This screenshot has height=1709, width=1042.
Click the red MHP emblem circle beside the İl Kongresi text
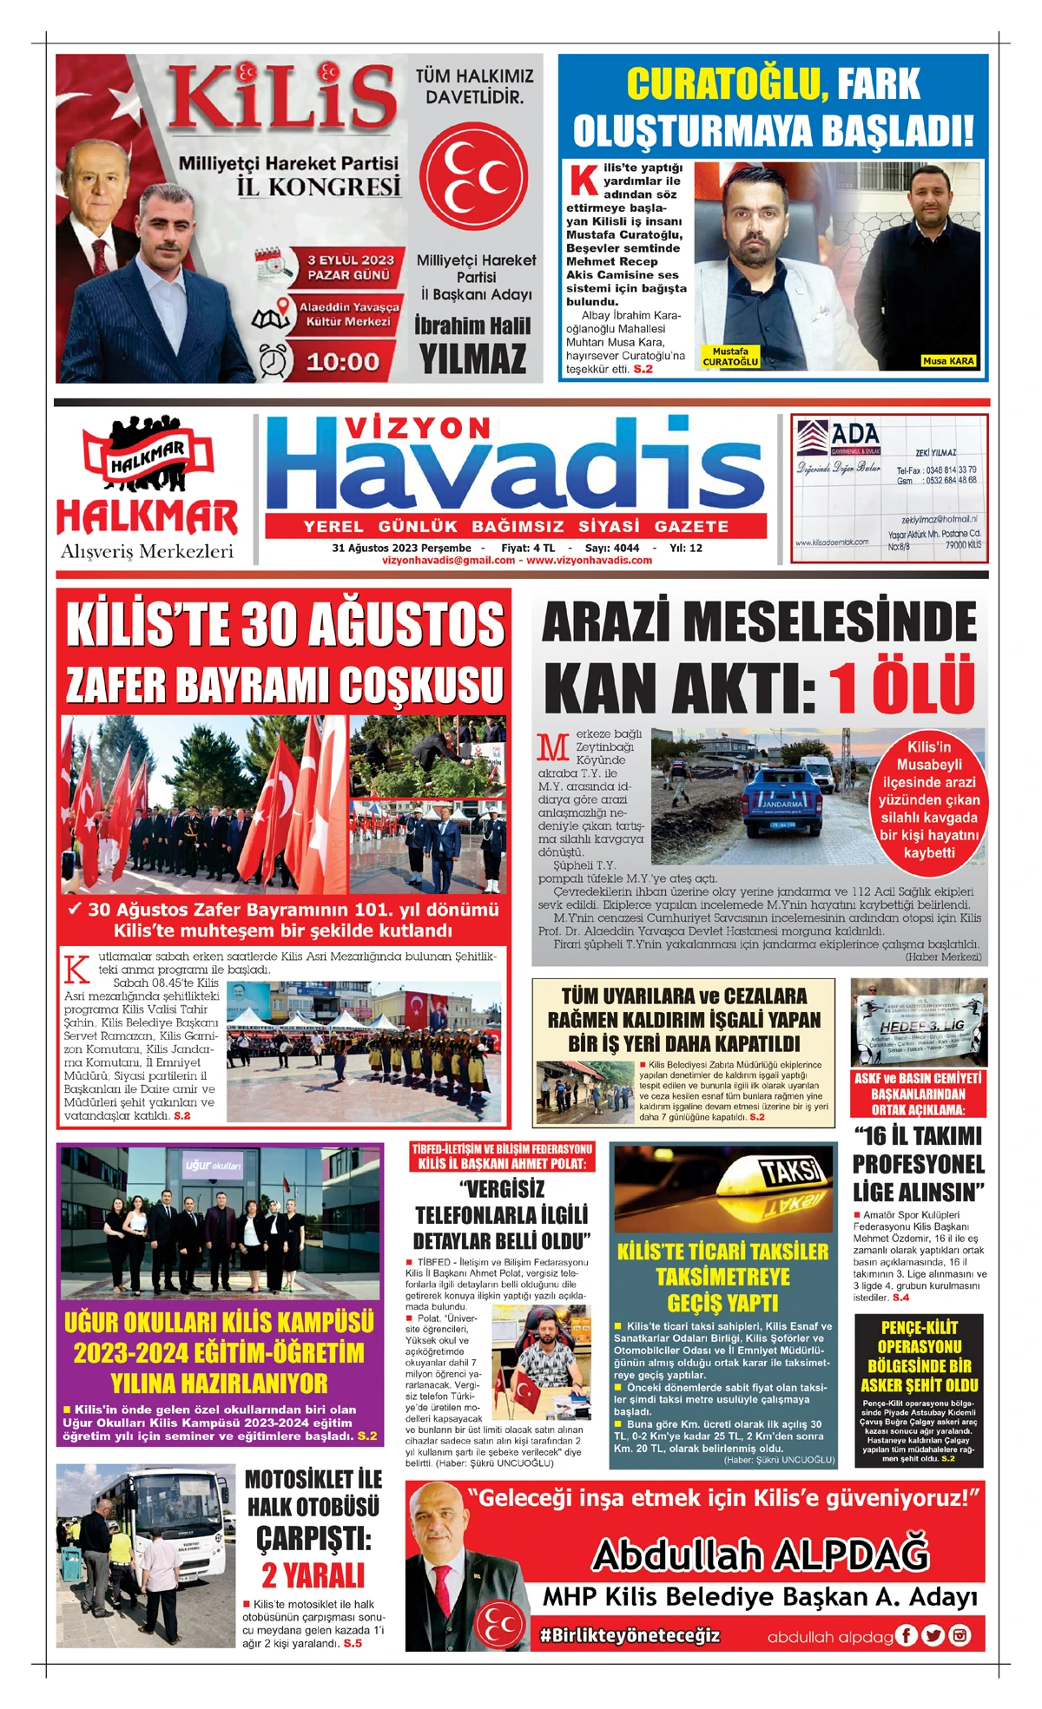point(474,176)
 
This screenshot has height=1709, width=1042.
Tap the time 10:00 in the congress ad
point(343,361)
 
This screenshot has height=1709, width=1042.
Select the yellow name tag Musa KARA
point(948,360)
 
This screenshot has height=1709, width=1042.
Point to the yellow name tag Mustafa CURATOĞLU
point(730,357)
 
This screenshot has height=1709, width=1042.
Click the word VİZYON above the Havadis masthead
point(418,428)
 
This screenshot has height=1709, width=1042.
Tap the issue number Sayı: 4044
point(612,548)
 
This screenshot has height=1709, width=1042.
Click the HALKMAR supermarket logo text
point(147,517)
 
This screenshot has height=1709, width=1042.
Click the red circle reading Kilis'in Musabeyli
point(929,799)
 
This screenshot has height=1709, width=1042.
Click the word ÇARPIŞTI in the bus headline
point(313,1538)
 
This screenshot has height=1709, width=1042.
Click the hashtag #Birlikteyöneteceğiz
point(630,1635)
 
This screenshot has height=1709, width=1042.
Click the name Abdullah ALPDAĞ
point(761,1555)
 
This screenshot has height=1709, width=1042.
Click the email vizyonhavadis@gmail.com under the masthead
point(448,561)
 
